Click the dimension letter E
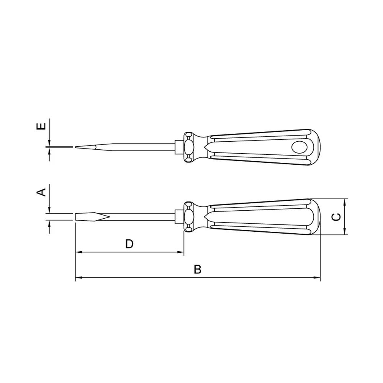pos(41,126)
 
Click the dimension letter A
pos(41,192)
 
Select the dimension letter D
pos(129,244)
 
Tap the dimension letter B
pos(197,269)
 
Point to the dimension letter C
pos(336,217)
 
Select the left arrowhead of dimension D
pos(78,252)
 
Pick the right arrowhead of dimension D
pos(180,252)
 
